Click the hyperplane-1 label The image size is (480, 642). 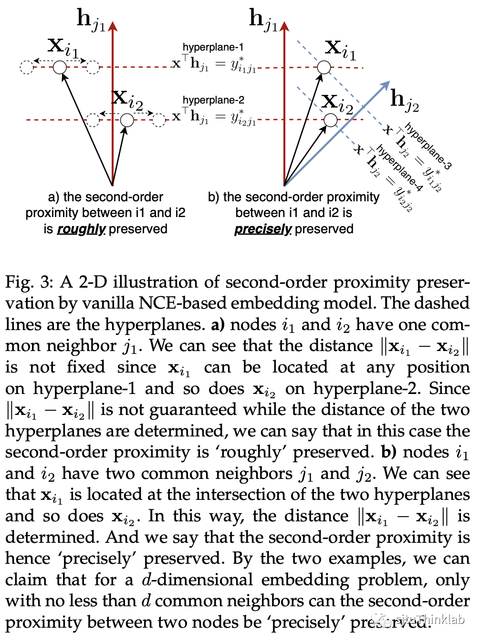point(213,47)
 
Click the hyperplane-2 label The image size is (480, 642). point(213,100)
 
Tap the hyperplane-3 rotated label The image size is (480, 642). point(428,146)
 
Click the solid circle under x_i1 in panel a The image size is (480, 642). point(60,67)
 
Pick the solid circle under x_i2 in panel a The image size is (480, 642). point(127,120)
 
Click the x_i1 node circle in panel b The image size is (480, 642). point(324,67)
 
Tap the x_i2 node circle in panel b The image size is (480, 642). point(330,120)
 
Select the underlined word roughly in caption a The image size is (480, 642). point(81,229)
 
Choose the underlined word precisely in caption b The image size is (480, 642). point(262,229)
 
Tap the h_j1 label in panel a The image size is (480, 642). point(91,20)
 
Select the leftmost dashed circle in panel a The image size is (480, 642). point(27,67)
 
